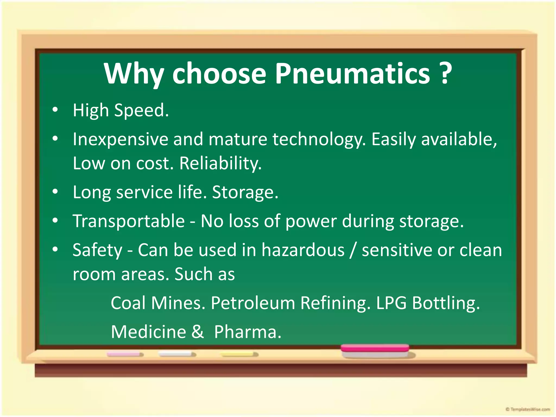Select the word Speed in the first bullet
coord(141,111)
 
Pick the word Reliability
coord(220,163)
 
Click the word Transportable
coord(129,221)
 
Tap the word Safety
coord(97,250)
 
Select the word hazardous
coord(303,250)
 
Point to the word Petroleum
coord(253,303)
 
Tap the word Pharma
coord(248,332)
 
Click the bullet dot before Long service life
coord(55,192)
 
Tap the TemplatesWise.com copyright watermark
coord(528,409)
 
